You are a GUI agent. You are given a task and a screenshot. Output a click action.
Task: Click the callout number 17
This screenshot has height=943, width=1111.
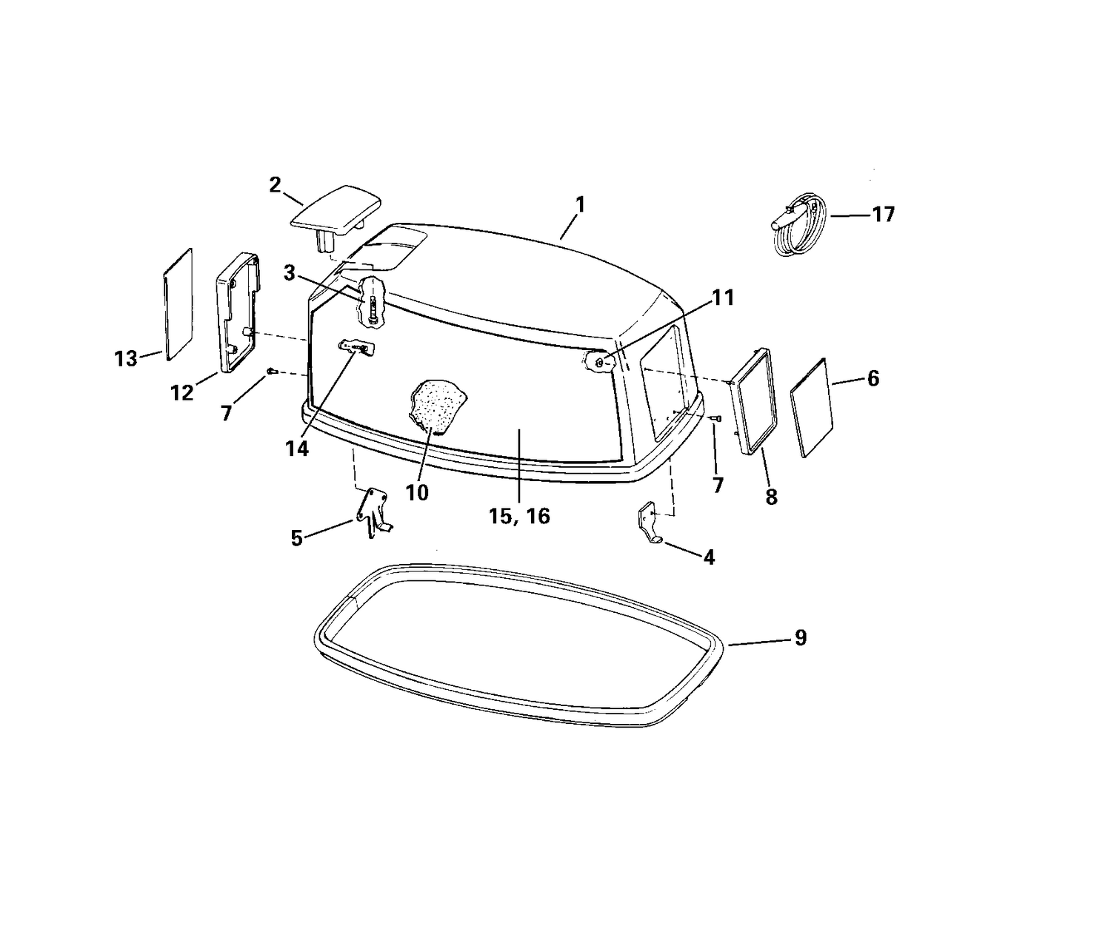[x=883, y=215]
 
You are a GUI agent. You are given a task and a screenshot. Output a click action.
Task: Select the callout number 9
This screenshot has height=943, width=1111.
[x=801, y=637]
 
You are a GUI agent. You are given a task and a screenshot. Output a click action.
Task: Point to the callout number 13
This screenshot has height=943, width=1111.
[x=126, y=359]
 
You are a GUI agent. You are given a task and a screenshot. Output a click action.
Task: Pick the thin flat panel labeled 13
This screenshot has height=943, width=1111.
[x=178, y=304]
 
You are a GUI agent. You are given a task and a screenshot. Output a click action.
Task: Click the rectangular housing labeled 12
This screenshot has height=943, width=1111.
[x=238, y=312]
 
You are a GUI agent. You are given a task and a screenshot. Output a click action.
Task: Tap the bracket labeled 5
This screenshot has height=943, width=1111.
[x=373, y=511]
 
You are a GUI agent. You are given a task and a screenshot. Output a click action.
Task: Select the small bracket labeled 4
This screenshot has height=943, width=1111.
[x=650, y=523]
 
